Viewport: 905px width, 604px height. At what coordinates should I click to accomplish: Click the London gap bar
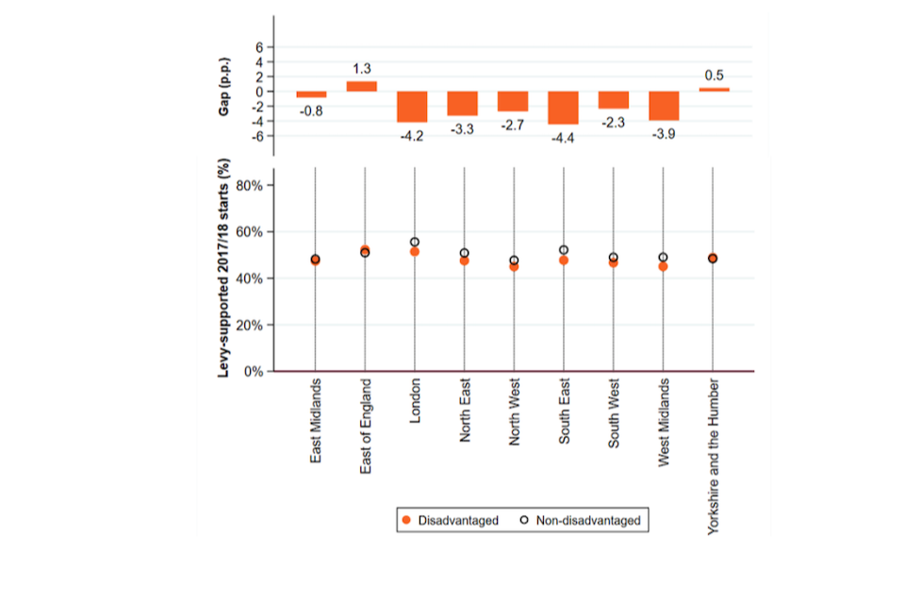point(413,107)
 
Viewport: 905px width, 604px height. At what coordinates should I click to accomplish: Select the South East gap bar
point(563,108)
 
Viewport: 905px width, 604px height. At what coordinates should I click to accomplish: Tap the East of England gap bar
point(362,86)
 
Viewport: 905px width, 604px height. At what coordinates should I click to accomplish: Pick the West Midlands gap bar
point(664,106)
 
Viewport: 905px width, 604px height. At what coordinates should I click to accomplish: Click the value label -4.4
point(563,138)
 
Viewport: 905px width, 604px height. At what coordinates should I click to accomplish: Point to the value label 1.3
point(362,69)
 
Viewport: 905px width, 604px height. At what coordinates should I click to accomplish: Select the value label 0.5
point(714,75)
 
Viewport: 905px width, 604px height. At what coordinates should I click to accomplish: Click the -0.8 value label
point(312,110)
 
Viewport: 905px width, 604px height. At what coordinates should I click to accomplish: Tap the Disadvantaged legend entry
point(450,520)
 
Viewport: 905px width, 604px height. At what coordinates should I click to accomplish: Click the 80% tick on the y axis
point(251,185)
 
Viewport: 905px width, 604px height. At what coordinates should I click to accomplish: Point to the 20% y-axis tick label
point(251,325)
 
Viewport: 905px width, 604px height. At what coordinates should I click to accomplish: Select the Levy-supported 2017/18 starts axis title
point(224,271)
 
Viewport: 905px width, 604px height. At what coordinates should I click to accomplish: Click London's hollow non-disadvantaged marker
point(413,243)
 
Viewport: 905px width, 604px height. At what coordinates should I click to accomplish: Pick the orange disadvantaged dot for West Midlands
point(664,266)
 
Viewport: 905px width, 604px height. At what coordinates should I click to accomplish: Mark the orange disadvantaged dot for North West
point(514,266)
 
